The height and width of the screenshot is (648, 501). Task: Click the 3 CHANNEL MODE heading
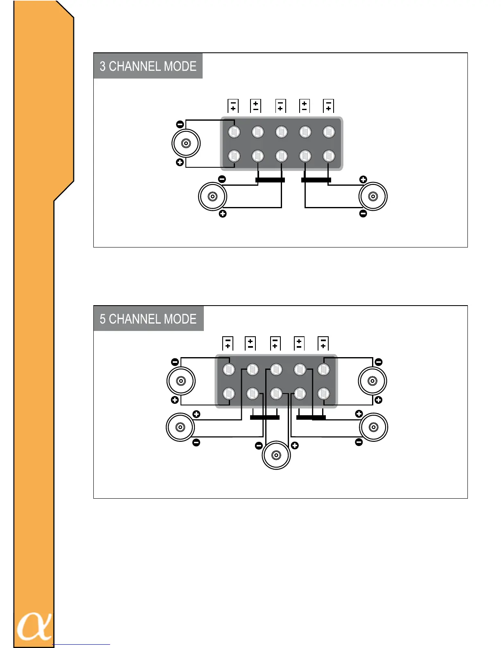[148, 66]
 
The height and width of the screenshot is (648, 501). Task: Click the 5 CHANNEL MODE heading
[148, 319]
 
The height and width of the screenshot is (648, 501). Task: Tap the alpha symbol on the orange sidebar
[34, 626]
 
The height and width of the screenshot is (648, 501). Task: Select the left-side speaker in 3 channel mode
[186, 143]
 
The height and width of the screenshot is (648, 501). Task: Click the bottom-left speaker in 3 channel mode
[212, 196]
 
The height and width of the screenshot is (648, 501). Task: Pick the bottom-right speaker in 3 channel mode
[373, 196]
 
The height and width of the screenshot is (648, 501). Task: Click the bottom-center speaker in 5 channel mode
[276, 455]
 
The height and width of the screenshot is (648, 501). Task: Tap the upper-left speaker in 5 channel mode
[181, 381]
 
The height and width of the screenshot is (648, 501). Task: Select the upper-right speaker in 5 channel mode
[372, 381]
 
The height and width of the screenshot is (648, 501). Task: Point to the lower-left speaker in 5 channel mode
[180, 427]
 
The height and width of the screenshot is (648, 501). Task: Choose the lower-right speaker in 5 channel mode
[373, 427]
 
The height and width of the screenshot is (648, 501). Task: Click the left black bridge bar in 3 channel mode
[270, 180]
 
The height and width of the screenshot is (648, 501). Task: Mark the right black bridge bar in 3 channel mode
[316, 180]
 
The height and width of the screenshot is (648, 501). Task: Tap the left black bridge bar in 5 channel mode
[264, 417]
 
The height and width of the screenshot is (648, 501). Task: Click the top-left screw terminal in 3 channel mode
[234, 132]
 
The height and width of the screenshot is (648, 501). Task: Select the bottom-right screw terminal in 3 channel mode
[329, 156]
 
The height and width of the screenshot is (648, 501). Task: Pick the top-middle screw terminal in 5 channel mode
[276, 369]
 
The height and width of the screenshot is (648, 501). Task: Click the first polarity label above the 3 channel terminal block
[233, 106]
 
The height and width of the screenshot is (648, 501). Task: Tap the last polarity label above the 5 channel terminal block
[323, 343]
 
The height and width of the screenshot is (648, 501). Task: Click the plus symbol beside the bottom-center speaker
[295, 445]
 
